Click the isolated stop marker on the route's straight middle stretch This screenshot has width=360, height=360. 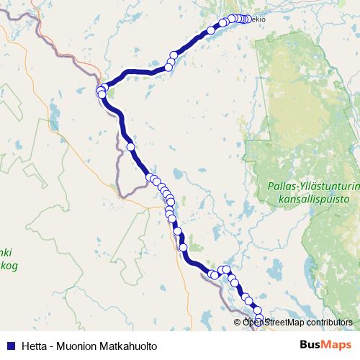point(130,146)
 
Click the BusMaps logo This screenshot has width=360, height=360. point(325,346)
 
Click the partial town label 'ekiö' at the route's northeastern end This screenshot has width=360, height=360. point(257,20)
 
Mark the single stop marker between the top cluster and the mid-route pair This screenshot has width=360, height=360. point(211,30)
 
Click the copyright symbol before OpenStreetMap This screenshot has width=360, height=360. point(238,323)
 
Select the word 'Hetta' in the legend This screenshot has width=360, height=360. point(35,346)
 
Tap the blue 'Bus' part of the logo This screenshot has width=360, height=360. point(310,346)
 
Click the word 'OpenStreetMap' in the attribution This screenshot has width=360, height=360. point(272,323)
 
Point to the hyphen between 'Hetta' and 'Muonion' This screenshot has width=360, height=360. point(52,346)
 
